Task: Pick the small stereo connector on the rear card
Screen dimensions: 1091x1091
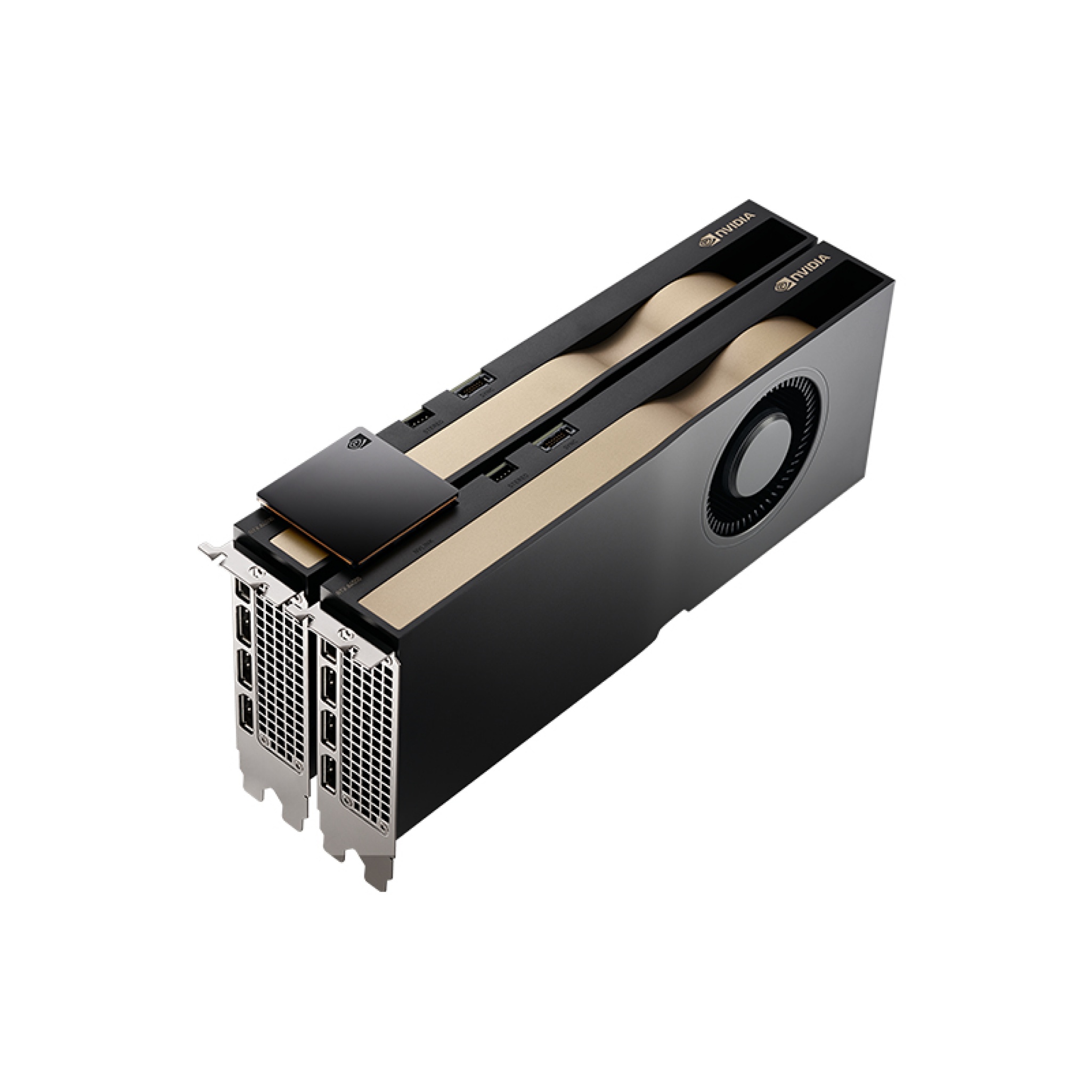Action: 418,418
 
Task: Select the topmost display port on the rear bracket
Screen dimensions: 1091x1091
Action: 243,591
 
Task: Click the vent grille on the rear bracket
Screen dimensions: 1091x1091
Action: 280,678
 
